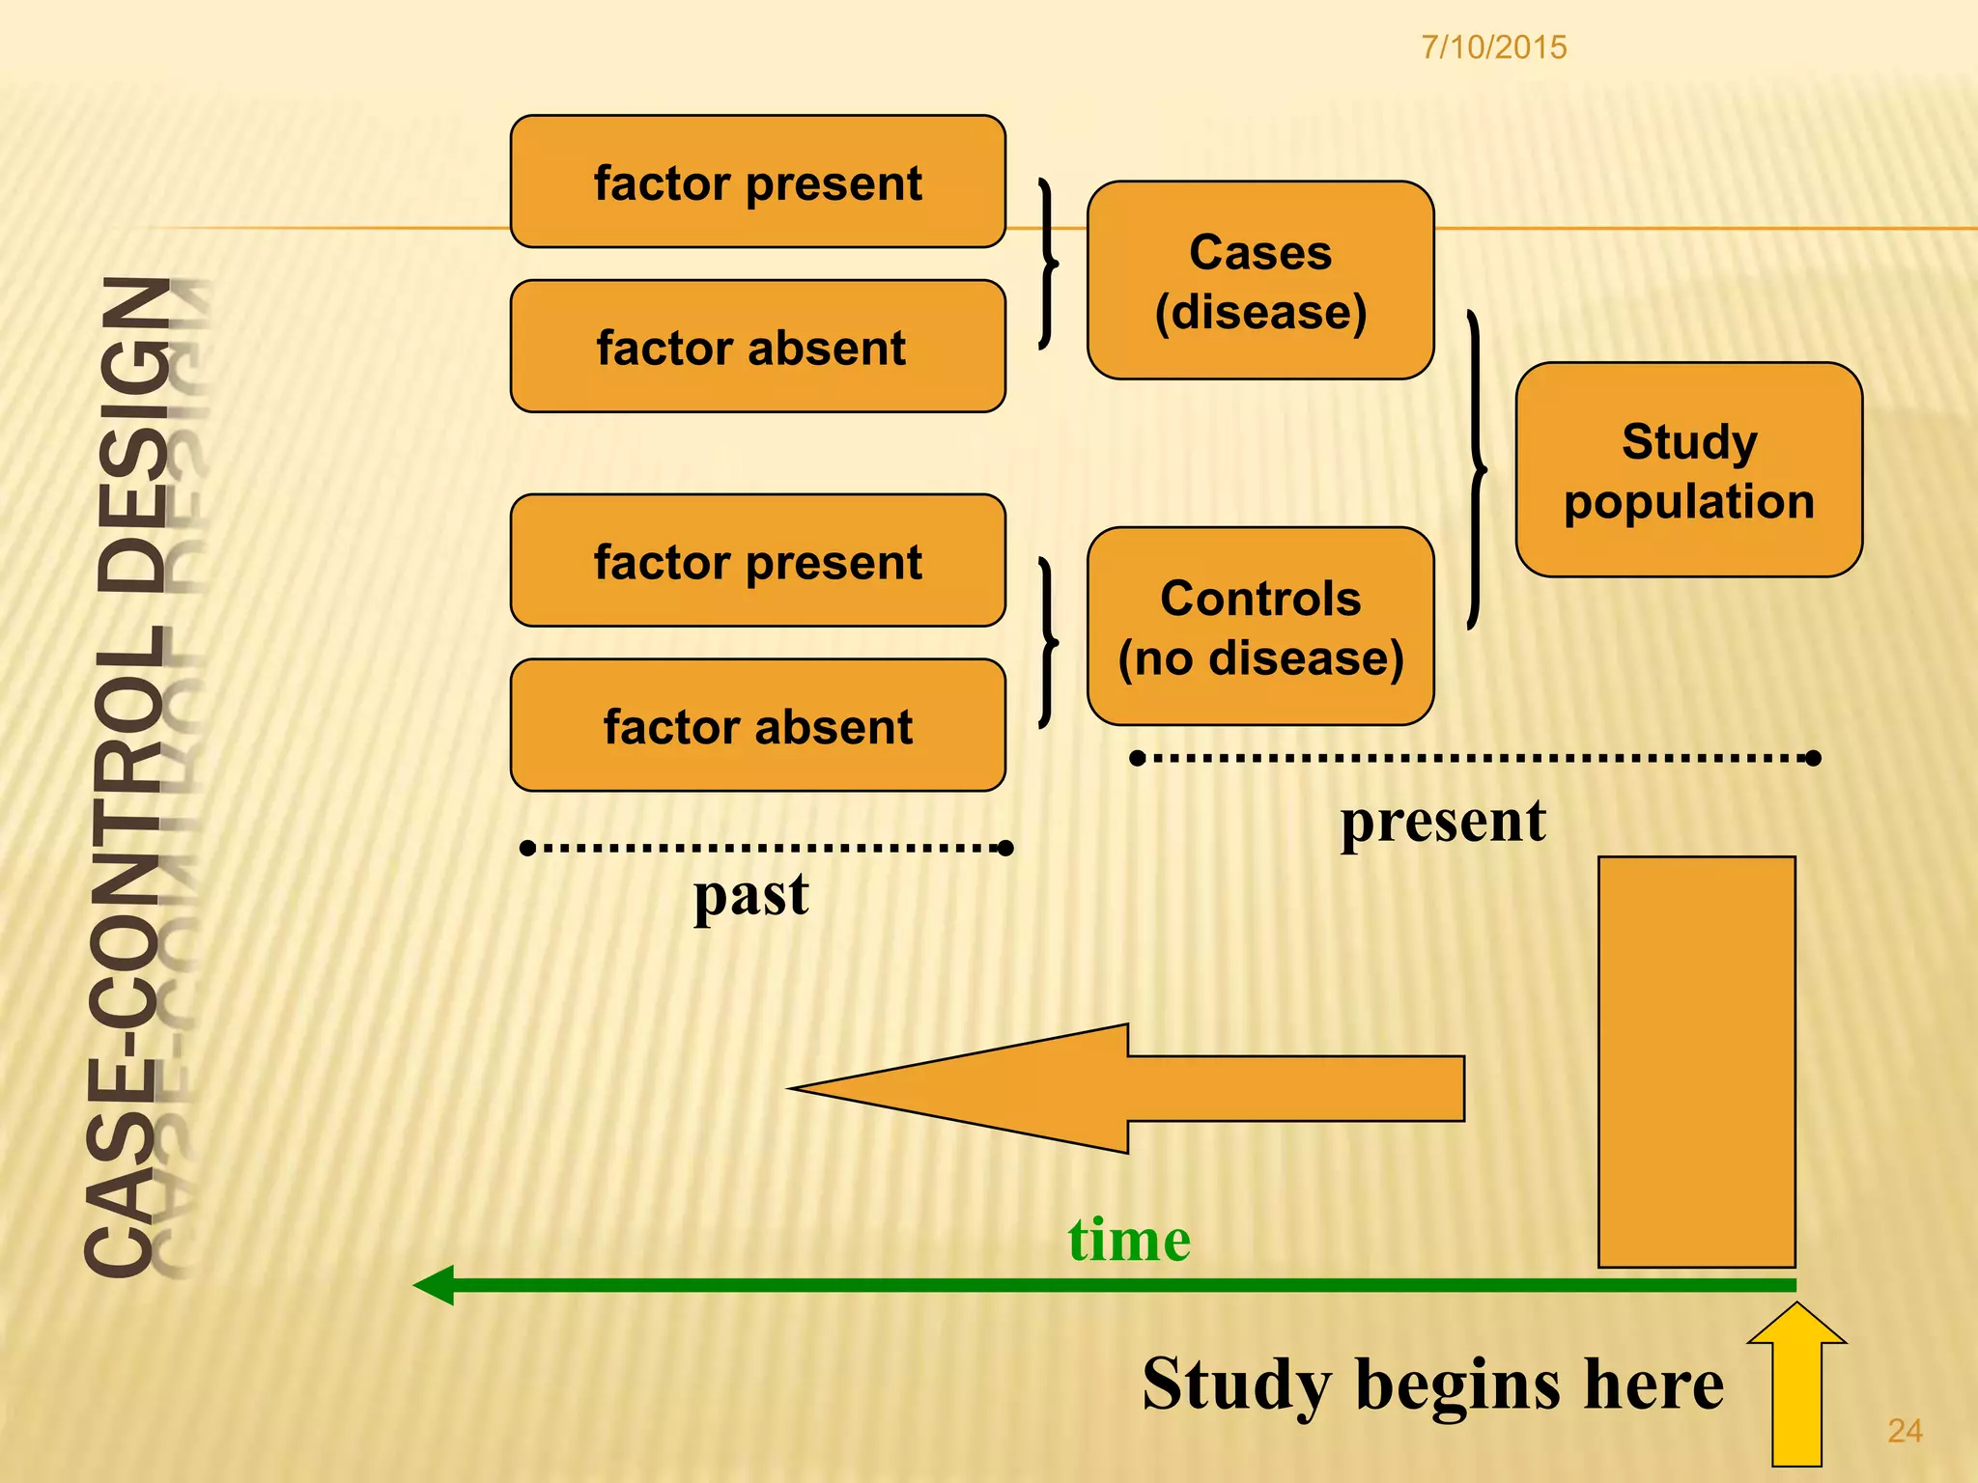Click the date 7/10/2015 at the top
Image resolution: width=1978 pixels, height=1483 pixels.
pyautogui.click(x=1493, y=47)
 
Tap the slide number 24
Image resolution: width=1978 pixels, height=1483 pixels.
pyautogui.click(x=1904, y=1430)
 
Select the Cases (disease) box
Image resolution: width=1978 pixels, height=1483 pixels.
pyautogui.click(x=1260, y=281)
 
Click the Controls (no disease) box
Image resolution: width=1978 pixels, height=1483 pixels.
pyautogui.click(x=1260, y=627)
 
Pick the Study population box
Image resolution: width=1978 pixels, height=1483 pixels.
pyautogui.click(x=1688, y=470)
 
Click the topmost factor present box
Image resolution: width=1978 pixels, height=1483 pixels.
pyautogui.click(x=758, y=182)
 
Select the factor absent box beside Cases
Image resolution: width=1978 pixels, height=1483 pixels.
pyautogui.click(x=758, y=348)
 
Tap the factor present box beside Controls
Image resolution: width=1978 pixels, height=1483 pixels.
pyautogui.click(x=758, y=561)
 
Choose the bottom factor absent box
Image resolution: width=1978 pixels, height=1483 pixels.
pyautogui.click(x=758, y=726)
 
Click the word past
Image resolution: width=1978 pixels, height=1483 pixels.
pyautogui.click(x=751, y=895)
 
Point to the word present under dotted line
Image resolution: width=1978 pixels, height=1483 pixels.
pyautogui.click(x=1443, y=822)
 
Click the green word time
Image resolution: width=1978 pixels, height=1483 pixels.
pyautogui.click(x=1129, y=1240)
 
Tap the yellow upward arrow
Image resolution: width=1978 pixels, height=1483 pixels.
pyautogui.click(x=1796, y=1385)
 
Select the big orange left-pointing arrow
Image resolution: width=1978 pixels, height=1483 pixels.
pyautogui.click(x=1125, y=1088)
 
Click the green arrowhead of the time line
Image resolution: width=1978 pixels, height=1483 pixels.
pyautogui.click(x=435, y=1285)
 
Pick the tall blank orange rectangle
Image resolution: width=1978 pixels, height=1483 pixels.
pyautogui.click(x=1696, y=1062)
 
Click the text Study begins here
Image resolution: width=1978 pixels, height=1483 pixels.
pyautogui.click(x=1432, y=1385)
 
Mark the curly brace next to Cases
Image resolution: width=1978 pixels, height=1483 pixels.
pyautogui.click(x=1048, y=263)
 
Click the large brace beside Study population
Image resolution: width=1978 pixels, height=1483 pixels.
pyautogui.click(x=1476, y=470)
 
